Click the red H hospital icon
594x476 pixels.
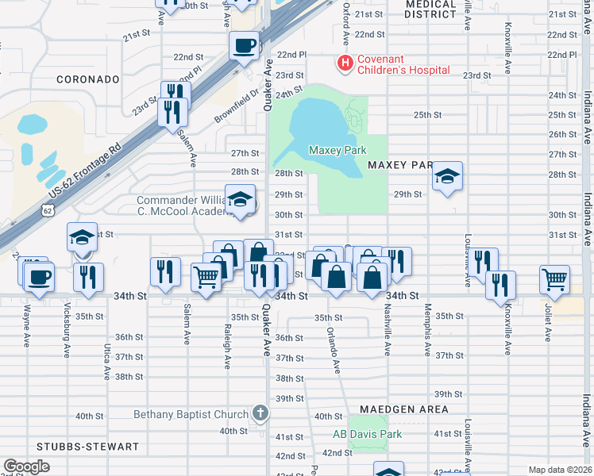click(345, 63)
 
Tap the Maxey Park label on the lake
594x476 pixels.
click(337, 150)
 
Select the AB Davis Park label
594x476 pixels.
click(367, 434)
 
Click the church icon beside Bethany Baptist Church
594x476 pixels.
click(260, 413)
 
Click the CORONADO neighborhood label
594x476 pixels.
click(87, 80)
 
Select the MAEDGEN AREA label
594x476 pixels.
click(403, 409)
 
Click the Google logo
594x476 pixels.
click(26, 466)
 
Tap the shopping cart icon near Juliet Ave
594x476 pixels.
click(554, 278)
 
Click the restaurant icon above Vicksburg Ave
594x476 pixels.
click(88, 276)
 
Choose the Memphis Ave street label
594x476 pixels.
click(427, 328)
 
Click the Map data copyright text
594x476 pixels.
click(560, 470)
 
